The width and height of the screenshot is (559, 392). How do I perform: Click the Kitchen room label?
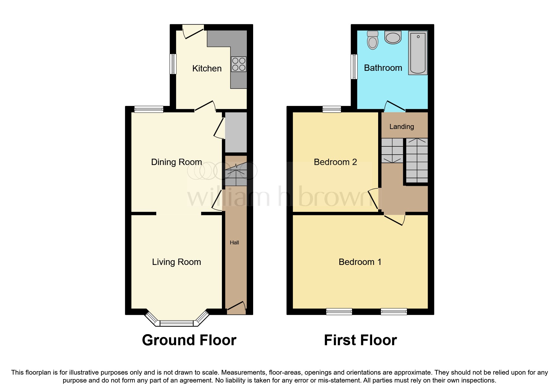[207, 68]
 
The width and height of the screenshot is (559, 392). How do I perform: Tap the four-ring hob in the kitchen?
[239, 64]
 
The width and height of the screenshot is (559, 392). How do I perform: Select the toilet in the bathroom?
[373, 41]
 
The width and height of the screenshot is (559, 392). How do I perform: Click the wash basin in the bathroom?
[393, 37]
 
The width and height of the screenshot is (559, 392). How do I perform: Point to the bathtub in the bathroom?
[418, 53]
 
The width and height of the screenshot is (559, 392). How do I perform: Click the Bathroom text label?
[383, 68]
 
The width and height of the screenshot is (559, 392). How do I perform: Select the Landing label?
[401, 126]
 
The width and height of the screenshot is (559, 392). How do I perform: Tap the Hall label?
[234, 242]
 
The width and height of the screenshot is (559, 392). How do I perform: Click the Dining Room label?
[176, 162]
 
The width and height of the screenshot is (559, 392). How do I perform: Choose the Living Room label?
[176, 262]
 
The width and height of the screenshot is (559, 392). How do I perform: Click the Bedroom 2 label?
[335, 162]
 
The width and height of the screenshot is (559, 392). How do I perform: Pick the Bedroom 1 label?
[360, 262]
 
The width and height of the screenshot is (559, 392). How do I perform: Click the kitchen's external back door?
[193, 31]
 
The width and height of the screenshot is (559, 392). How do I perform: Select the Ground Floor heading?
[189, 340]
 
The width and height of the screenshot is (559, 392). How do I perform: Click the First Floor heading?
[360, 340]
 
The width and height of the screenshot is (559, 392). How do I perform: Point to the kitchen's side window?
[173, 64]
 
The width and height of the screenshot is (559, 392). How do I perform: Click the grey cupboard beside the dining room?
[235, 132]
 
